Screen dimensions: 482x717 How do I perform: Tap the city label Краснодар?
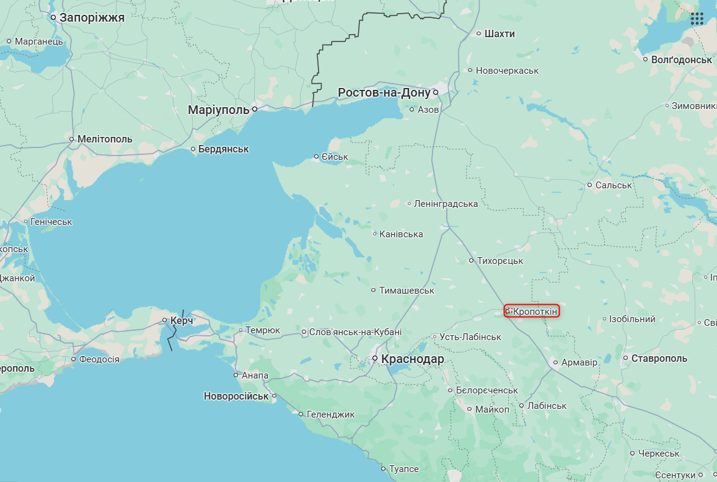pos(412,359)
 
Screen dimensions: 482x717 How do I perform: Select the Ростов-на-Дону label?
pos(384,93)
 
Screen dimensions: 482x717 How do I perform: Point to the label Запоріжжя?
pos(92,17)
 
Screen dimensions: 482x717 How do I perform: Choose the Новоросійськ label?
pos(236,396)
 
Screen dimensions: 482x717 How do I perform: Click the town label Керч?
pos(182,320)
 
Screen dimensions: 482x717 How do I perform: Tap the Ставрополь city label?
pos(659,359)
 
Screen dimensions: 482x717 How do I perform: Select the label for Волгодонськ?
pos(682,59)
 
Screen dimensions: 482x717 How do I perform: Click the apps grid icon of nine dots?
pos(697,19)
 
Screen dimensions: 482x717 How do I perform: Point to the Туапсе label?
pos(403,469)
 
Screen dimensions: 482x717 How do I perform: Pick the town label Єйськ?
pos(335,157)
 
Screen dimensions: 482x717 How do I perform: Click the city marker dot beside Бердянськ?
pos(193,149)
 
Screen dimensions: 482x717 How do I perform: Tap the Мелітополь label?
pos(105,139)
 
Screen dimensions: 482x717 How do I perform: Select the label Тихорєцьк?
pos(500,261)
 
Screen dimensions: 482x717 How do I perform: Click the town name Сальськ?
pos(614,185)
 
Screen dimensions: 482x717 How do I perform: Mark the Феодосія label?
pos(99,359)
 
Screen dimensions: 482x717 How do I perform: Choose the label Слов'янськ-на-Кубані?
pos(355,332)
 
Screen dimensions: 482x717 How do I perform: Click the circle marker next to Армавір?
pos(555,362)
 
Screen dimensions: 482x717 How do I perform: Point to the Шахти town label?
pos(499,33)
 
